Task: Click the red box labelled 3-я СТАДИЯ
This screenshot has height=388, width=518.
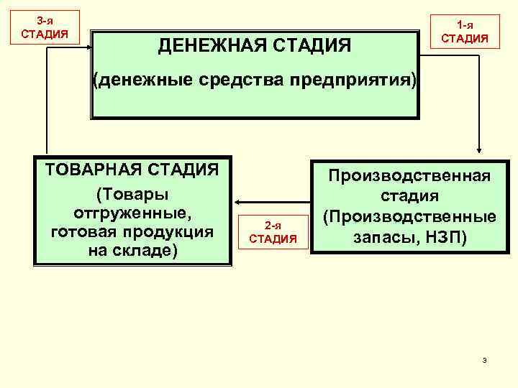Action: (x=45, y=27)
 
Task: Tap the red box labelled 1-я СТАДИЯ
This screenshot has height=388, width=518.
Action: (x=464, y=32)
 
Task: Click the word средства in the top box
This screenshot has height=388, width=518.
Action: (x=253, y=78)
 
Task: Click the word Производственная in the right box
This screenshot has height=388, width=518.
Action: (x=410, y=175)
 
